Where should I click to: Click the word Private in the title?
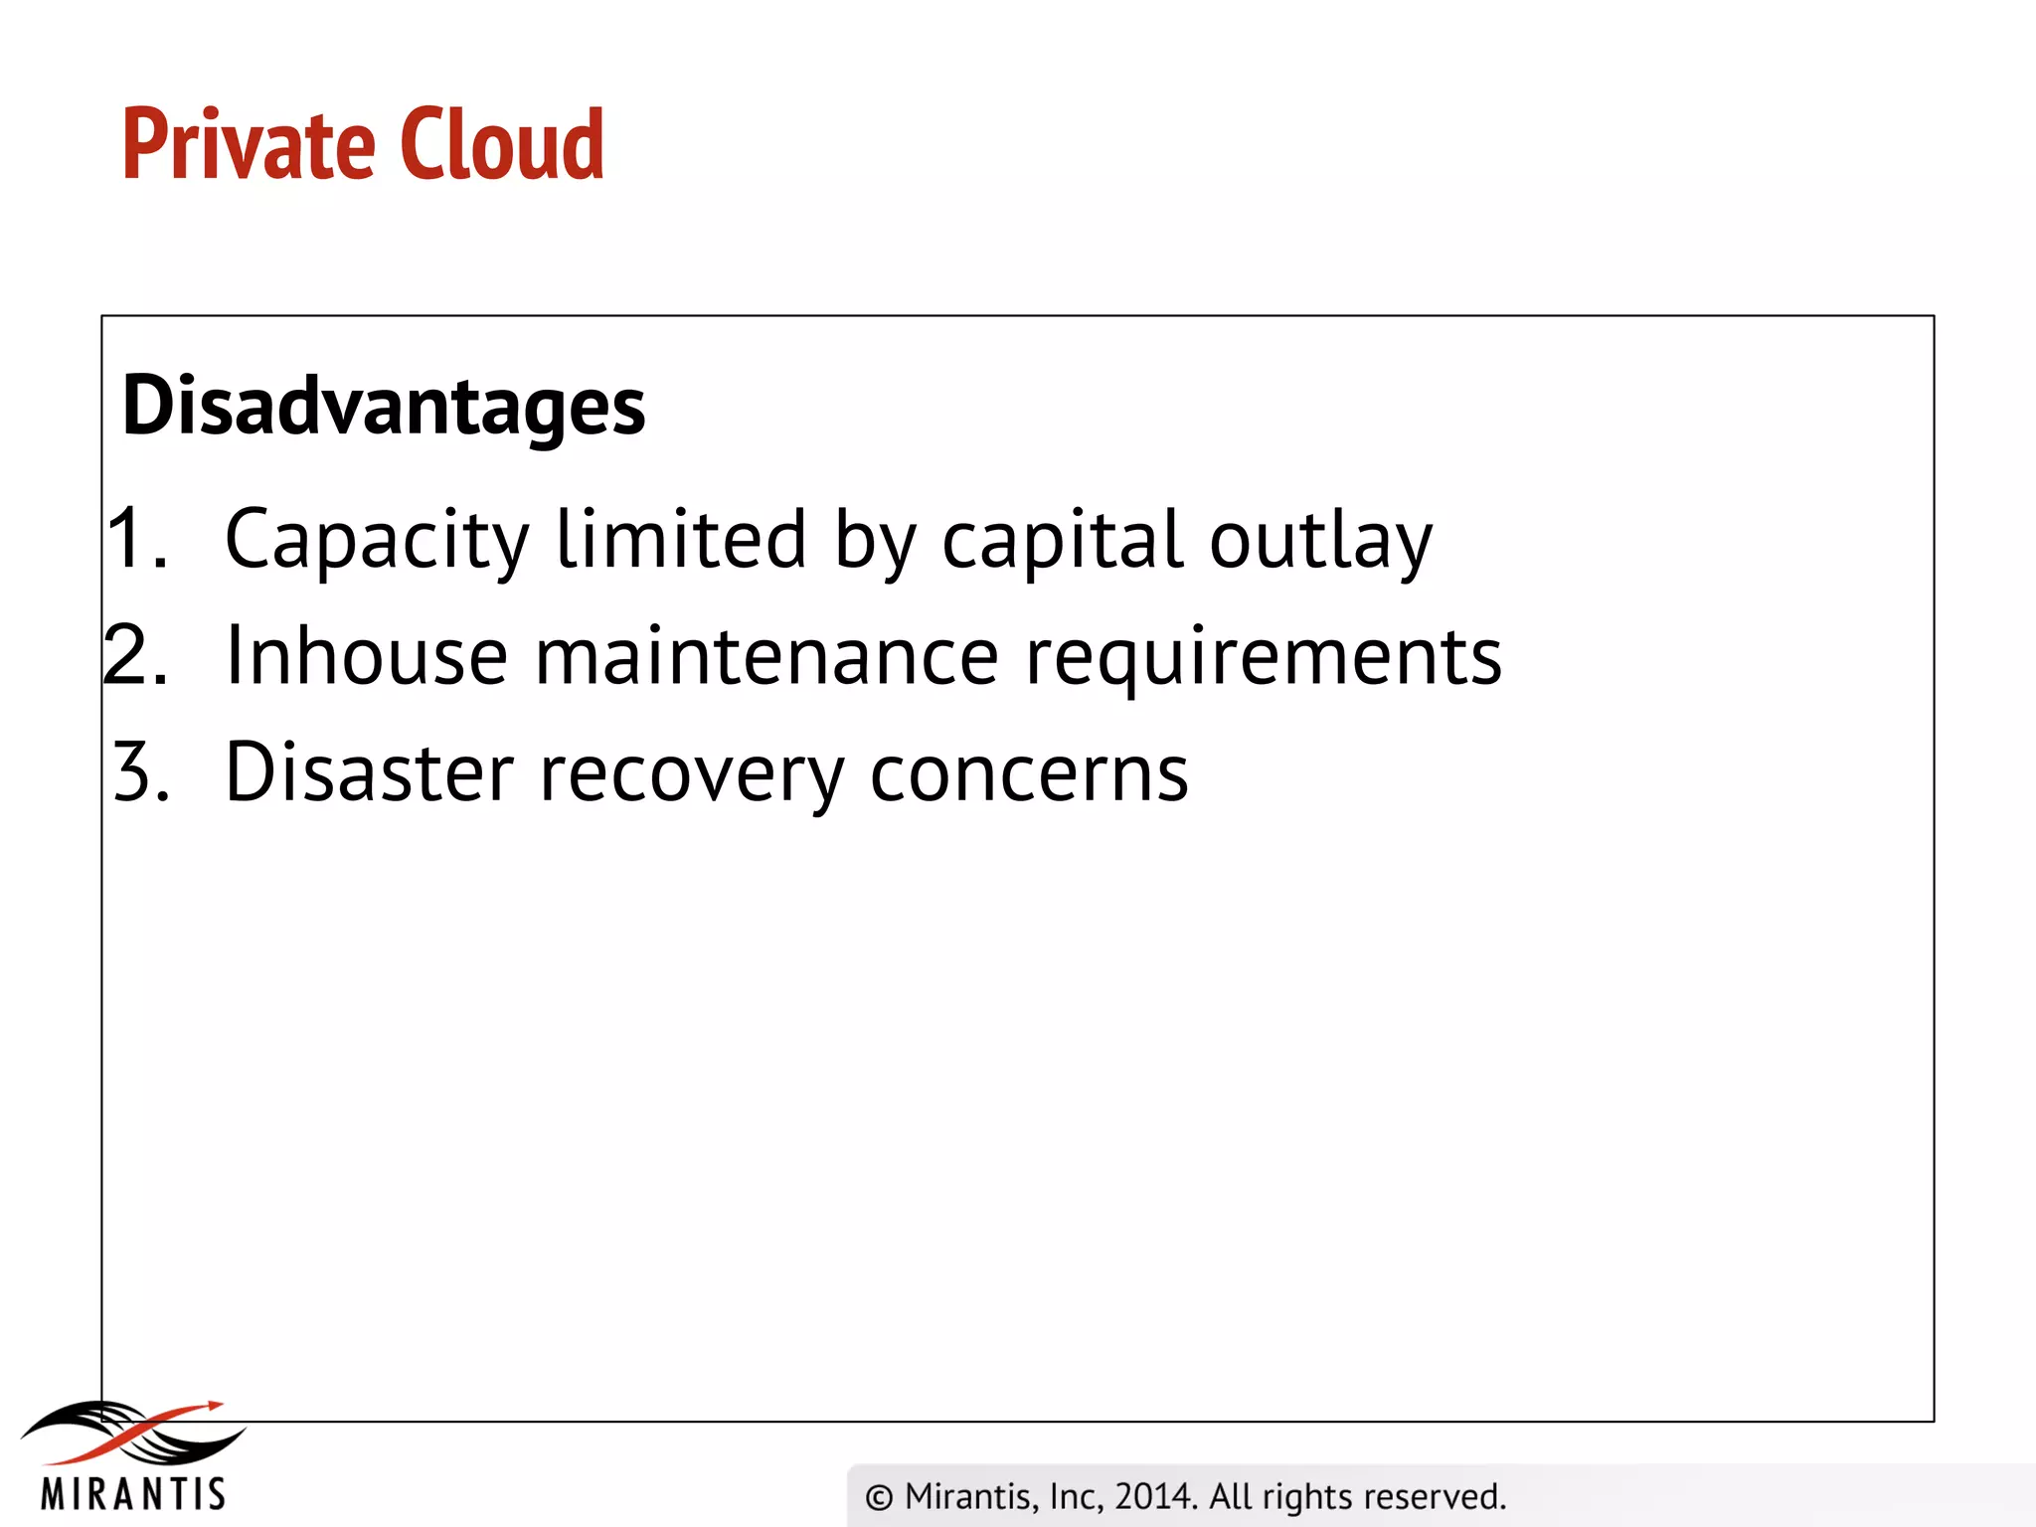[x=248, y=145]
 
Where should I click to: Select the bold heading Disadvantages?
[x=384, y=406]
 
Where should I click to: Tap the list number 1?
[x=134, y=538]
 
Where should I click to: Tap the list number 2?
[x=134, y=655]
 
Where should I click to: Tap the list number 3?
[x=139, y=772]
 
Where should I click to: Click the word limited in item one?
[x=681, y=538]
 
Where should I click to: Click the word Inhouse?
[x=367, y=656]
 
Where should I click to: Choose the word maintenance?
[x=766, y=656]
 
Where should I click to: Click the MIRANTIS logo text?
[x=133, y=1494]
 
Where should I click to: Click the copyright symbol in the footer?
[x=879, y=1497]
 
